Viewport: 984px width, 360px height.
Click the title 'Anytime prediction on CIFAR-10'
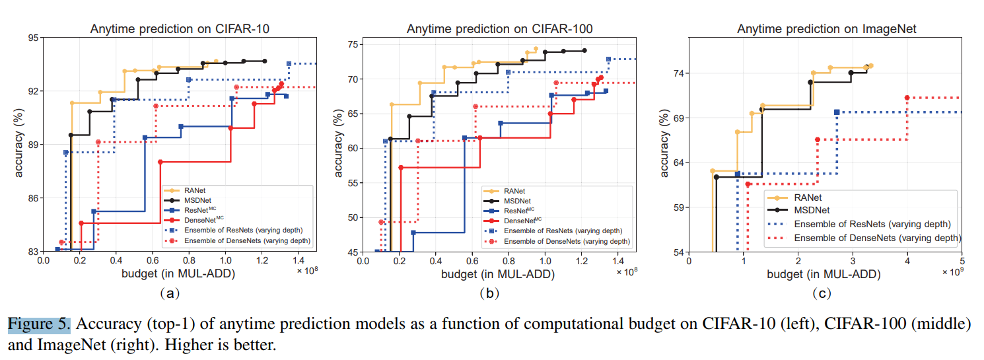point(179,28)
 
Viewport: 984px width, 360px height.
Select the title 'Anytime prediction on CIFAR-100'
point(499,28)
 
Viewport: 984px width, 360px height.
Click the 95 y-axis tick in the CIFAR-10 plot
point(32,38)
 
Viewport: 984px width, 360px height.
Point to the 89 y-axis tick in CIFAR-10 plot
point(32,145)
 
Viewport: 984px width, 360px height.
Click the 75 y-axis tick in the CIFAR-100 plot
point(352,45)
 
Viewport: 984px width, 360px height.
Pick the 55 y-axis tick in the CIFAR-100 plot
point(352,183)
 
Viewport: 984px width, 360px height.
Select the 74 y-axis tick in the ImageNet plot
point(678,73)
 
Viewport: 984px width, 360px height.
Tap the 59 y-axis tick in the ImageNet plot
point(678,207)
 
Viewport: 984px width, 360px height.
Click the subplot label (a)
point(170,293)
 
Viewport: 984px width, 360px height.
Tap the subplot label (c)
point(826,293)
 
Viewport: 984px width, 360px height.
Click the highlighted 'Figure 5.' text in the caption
point(38,324)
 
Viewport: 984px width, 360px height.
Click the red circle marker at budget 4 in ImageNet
point(907,98)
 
